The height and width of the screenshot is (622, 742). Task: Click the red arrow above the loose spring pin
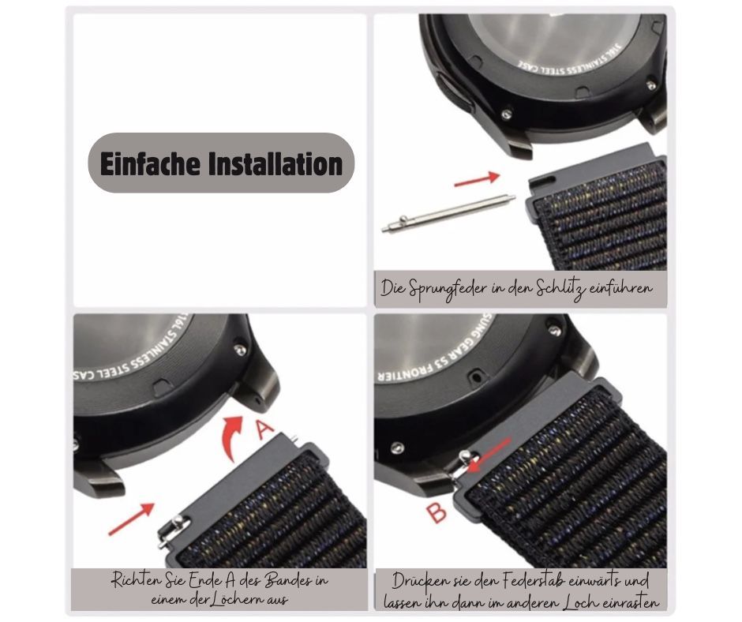pos(477,179)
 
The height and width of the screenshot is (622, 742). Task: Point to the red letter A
pos(264,429)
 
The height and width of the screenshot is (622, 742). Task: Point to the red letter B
pos(437,513)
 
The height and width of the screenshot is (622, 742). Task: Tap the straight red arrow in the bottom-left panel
pos(132,519)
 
